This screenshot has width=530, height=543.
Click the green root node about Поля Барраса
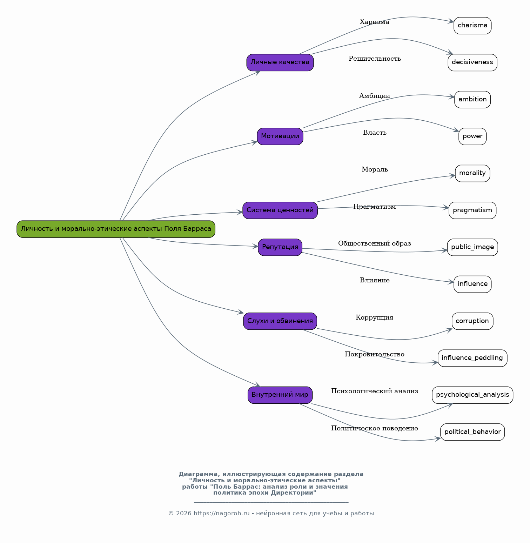coord(116,229)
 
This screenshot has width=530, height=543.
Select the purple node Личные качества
coord(280,62)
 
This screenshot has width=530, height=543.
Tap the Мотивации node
coord(280,136)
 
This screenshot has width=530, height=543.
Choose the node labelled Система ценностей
coord(280,210)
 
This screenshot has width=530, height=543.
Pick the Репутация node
coord(280,247)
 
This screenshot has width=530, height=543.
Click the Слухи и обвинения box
coord(280,321)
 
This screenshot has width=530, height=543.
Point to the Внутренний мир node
coord(280,395)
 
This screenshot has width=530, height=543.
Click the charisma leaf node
coord(472,26)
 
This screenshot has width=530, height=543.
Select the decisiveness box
coord(472,62)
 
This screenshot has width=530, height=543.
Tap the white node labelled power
coord(472,136)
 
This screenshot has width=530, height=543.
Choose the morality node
coord(472,173)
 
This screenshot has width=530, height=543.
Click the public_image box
coord(472,247)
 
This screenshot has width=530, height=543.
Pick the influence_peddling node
coord(472,358)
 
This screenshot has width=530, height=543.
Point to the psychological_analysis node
coord(472,395)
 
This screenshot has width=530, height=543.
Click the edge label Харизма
coord(375,22)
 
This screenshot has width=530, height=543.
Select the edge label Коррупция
coord(375,317)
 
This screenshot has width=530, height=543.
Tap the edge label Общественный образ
coord(375,243)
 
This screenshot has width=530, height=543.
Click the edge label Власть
coord(375,133)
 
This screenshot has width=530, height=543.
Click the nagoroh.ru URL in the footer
coord(222,514)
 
